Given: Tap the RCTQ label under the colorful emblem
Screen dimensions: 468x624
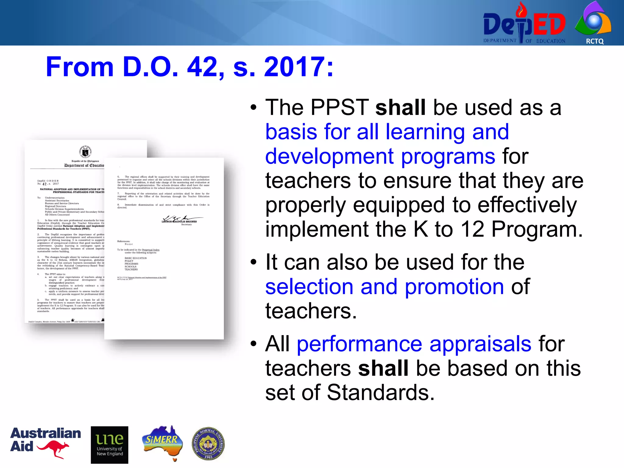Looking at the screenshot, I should [x=594, y=41].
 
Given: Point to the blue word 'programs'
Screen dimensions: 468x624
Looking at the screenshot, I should [x=448, y=156].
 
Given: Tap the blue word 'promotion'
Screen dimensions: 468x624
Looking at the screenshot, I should [x=454, y=287].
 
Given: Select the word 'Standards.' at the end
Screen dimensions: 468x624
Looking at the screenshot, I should [x=381, y=392].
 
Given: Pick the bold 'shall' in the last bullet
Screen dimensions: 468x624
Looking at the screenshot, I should [x=383, y=368].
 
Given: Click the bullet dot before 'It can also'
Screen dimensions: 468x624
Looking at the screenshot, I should [x=253, y=262].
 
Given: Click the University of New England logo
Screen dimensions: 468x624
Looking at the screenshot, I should [x=109, y=445].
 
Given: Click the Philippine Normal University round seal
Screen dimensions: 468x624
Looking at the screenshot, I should [x=208, y=443].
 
